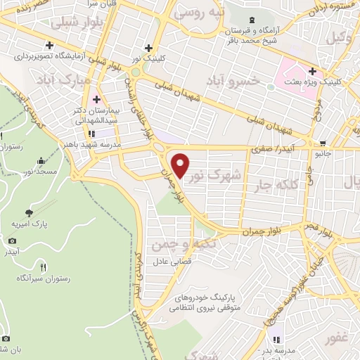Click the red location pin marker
181,165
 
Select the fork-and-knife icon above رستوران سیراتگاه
43,266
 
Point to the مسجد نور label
41,171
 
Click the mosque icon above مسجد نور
41,160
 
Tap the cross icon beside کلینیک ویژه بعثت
311,72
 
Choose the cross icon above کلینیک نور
148,49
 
